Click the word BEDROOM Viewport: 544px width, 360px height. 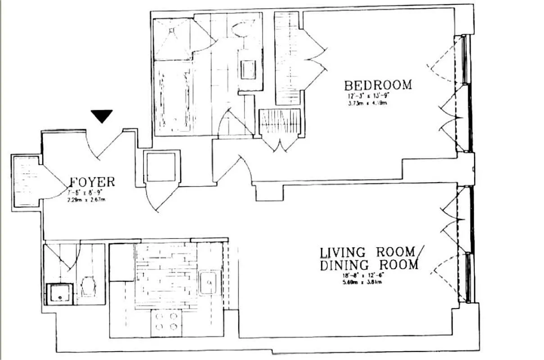click(378, 85)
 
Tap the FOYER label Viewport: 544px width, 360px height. click(93, 182)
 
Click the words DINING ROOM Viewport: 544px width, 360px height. click(369, 265)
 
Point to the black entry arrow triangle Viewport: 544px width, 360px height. click(102, 116)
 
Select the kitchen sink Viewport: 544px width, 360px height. click(208, 283)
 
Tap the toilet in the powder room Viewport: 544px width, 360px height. click(88, 287)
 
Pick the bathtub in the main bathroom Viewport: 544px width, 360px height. click(172, 97)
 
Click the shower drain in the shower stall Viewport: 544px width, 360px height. click(172, 30)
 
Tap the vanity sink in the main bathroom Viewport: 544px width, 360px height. click(248, 69)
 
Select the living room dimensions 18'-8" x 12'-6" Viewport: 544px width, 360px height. click(365, 275)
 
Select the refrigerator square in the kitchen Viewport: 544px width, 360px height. click(122, 262)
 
